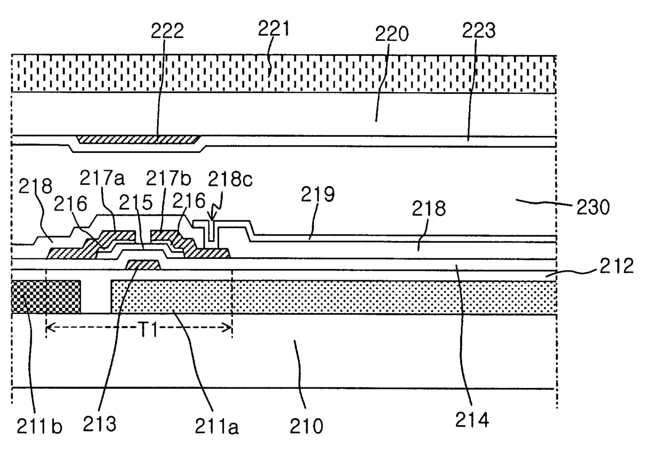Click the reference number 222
tap(167, 30)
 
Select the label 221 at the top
tap(273, 28)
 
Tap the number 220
tap(392, 34)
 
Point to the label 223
tap(478, 30)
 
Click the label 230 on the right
tap(593, 207)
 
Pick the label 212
tap(616, 265)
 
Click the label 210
tap(307, 426)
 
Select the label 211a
tap(216, 426)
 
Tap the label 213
tap(100, 424)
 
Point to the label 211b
tap(39, 426)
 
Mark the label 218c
tap(230, 179)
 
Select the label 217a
tap(102, 178)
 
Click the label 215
tap(136, 202)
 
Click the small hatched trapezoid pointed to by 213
tap(143, 265)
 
